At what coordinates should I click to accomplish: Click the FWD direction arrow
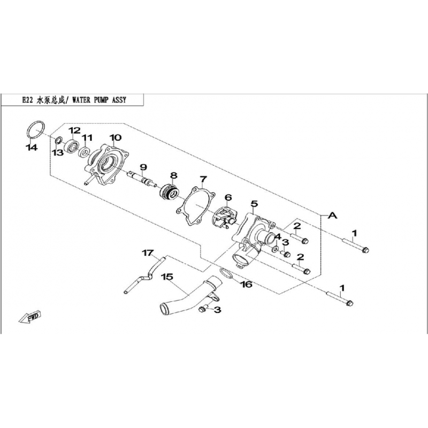29,317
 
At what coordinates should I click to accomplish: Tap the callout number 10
116,137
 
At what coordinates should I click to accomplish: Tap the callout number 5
254,204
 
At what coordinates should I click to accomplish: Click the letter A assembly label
332,216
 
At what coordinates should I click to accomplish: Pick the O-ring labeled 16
226,274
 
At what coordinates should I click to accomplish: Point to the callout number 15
167,277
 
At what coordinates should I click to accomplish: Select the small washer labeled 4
275,249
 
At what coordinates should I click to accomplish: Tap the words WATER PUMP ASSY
99,100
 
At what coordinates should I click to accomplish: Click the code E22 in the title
28,100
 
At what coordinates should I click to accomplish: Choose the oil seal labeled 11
84,152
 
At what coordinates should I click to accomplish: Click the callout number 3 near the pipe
218,310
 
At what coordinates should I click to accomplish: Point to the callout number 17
148,253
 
